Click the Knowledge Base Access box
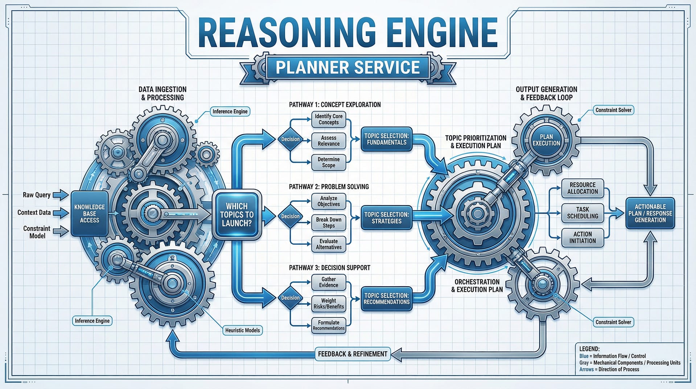(x=89, y=214)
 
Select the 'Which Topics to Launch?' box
(x=237, y=215)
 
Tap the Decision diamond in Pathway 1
(x=291, y=139)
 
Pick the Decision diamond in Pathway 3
(x=291, y=298)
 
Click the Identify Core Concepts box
(x=329, y=119)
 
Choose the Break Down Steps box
(x=329, y=223)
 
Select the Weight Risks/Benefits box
(x=329, y=304)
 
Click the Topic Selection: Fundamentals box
(x=387, y=139)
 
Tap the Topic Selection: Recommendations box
(x=387, y=299)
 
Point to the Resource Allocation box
(x=582, y=188)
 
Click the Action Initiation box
(x=582, y=238)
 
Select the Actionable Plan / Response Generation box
(x=650, y=213)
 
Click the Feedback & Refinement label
(x=353, y=354)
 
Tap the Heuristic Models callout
(x=242, y=331)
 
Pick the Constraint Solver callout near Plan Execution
(x=613, y=110)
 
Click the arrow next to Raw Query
(x=61, y=195)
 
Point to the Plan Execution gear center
(x=546, y=140)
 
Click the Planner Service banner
(x=347, y=68)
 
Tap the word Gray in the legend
(x=584, y=363)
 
